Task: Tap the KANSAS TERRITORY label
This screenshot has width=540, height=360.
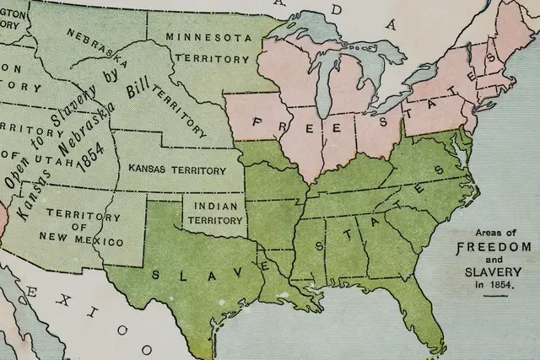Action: click(177, 169)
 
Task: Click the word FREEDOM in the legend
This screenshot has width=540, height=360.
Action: click(494, 247)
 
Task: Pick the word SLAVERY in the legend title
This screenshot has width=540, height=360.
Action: click(494, 273)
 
